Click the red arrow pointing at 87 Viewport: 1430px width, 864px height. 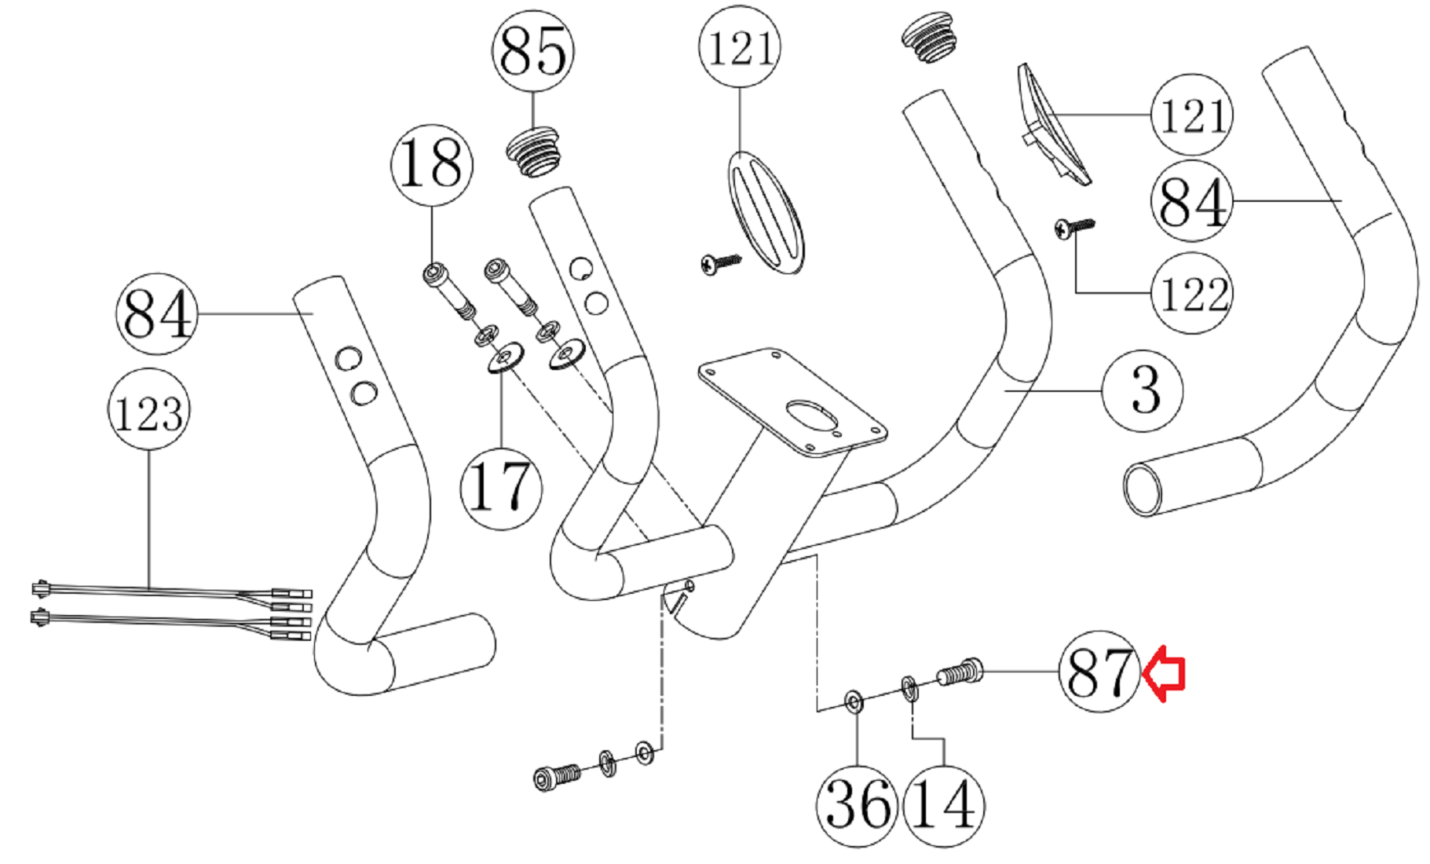(x=1164, y=672)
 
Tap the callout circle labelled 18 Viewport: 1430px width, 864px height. (x=431, y=164)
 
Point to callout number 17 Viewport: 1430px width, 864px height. (x=501, y=489)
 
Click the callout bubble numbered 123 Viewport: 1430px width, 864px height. (x=148, y=410)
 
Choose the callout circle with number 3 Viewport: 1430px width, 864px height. (x=1143, y=390)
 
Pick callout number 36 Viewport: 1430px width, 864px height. (x=857, y=806)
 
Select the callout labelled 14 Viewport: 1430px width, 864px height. (x=943, y=806)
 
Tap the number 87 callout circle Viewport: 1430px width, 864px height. (x=1099, y=672)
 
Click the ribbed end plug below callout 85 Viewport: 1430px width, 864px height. (x=535, y=153)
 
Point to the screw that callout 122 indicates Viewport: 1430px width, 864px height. (x=1073, y=228)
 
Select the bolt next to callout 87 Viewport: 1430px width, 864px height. (x=960, y=672)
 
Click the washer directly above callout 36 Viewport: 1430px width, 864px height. (x=854, y=701)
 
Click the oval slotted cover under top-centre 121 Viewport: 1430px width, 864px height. (x=766, y=212)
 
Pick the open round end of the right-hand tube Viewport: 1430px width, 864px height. (x=1143, y=489)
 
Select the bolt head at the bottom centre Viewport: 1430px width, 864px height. (x=545, y=779)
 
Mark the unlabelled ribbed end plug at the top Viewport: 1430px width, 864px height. (x=928, y=37)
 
